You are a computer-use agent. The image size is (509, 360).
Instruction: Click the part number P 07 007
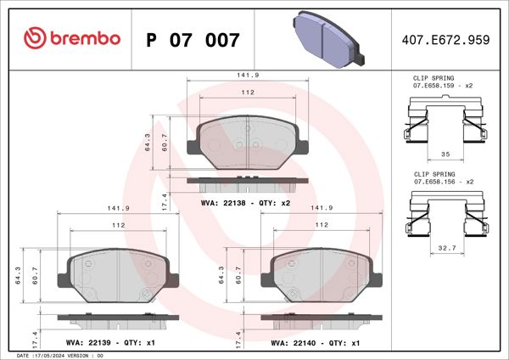pyautogui.click(x=193, y=39)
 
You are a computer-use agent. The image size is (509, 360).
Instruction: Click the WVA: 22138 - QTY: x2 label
pyautogui.click(x=245, y=204)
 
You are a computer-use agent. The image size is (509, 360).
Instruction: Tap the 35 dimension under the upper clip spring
pyautogui.click(x=445, y=155)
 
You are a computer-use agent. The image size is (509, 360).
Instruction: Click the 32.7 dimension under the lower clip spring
pyautogui.click(x=445, y=249)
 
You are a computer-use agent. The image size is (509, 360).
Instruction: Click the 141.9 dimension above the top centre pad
pyautogui.click(x=247, y=76)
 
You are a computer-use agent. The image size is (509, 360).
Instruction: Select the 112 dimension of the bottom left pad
pyautogui.click(x=118, y=225)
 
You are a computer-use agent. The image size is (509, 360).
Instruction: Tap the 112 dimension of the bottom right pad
pyautogui.click(x=322, y=225)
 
